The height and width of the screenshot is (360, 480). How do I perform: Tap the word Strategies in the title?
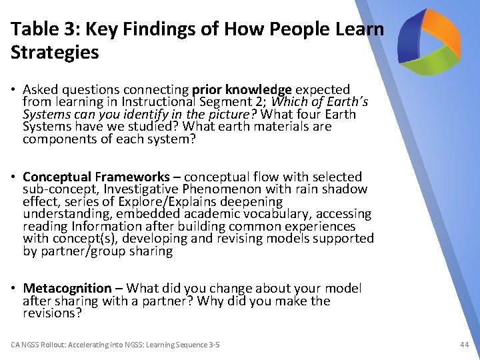(x=55, y=53)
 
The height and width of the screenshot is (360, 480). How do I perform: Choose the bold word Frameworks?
(x=133, y=177)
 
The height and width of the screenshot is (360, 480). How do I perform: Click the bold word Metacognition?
(x=67, y=288)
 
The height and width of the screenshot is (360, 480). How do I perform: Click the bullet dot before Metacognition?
(x=15, y=289)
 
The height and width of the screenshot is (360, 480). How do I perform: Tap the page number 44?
(x=464, y=345)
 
